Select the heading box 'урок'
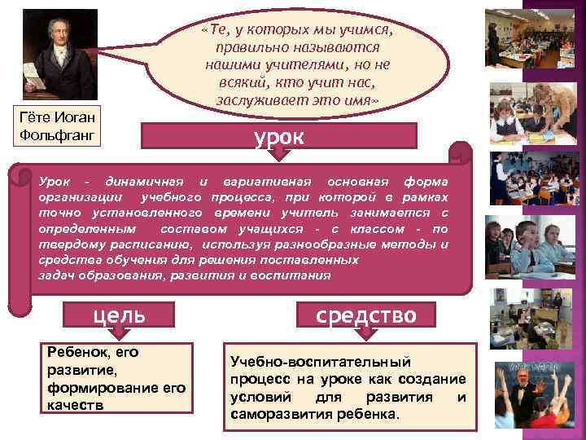click(x=279, y=135)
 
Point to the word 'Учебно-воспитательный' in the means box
click(x=321, y=361)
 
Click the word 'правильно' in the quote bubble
click(x=245, y=47)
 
